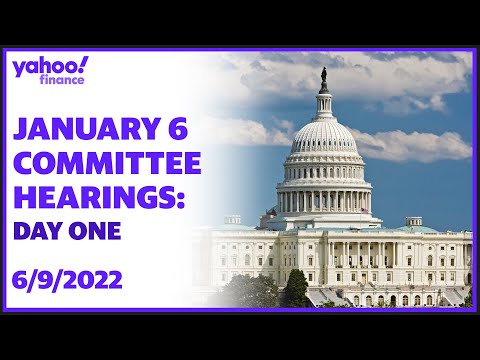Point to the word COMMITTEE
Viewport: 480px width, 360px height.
pyautogui.click(x=107, y=164)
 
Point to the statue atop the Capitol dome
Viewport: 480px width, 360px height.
pyautogui.click(x=323, y=77)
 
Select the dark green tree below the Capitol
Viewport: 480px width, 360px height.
pyautogui.click(x=296, y=289)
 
